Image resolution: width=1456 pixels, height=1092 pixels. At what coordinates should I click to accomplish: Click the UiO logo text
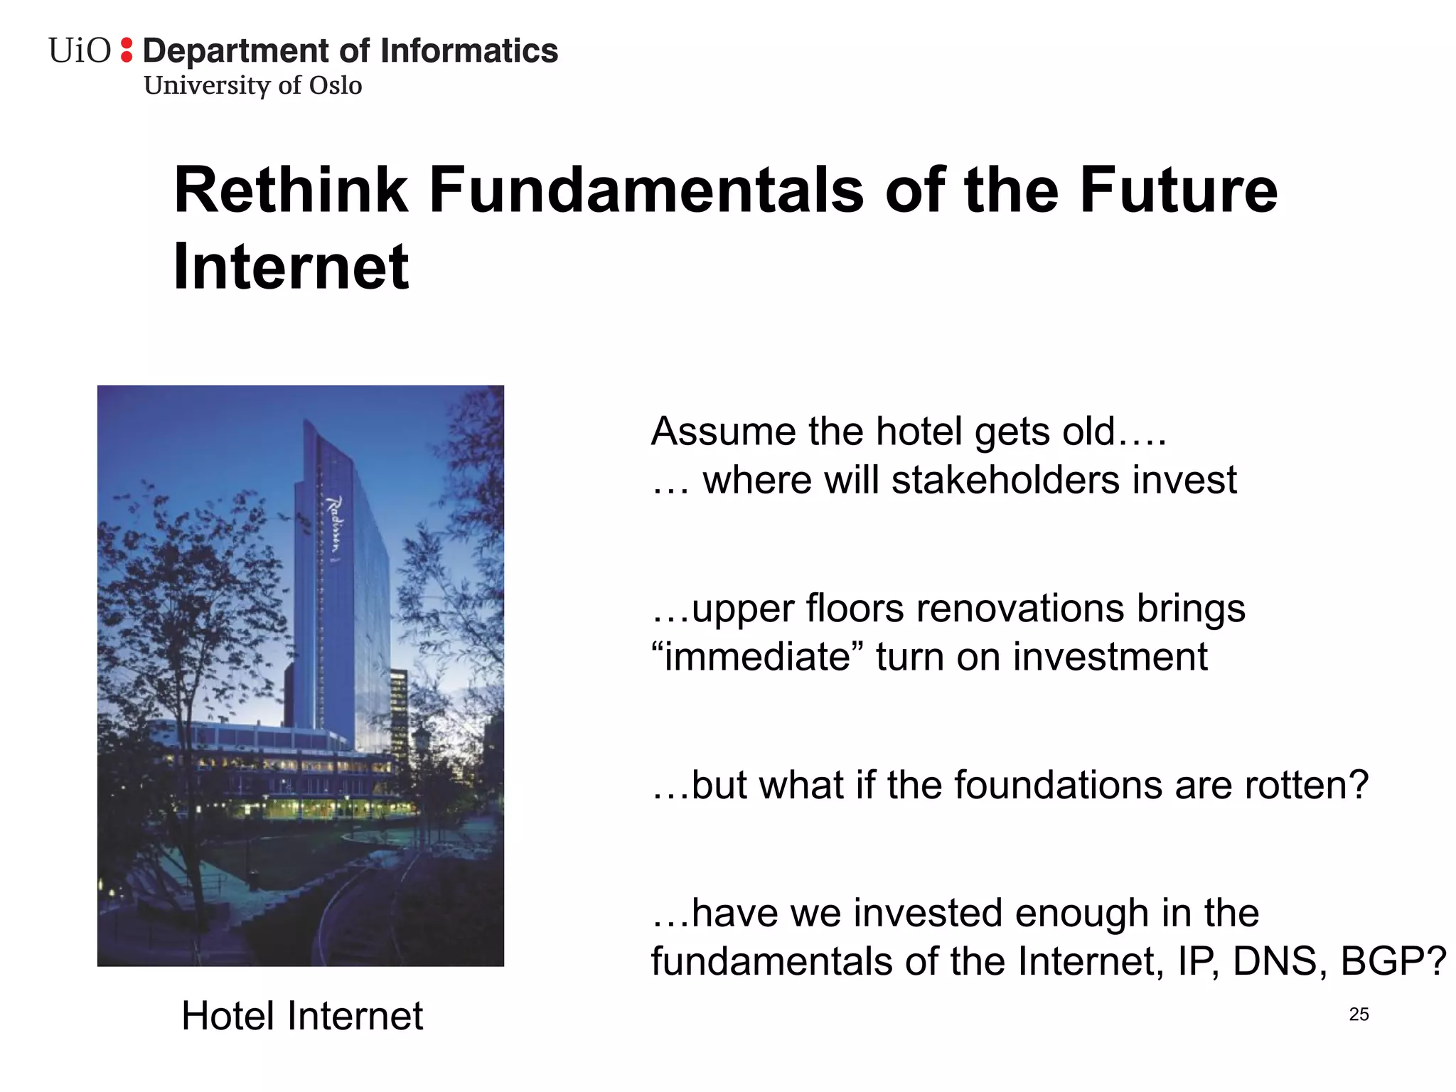(80, 51)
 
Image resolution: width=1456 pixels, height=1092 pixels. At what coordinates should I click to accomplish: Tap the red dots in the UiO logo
(127, 50)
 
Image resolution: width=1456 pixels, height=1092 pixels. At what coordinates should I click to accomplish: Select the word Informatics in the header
(469, 51)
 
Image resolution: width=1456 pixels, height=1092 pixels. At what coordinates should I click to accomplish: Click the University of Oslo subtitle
(253, 85)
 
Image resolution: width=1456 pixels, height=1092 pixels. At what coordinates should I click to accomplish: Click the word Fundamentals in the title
(646, 191)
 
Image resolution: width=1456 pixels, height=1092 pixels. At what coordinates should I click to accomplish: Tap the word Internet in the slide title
(291, 267)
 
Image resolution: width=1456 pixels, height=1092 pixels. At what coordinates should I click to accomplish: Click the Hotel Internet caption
(302, 1015)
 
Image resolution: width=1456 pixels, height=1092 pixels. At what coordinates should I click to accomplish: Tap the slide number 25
(1359, 1015)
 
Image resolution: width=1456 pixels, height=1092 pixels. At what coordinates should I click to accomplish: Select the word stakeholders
(1007, 480)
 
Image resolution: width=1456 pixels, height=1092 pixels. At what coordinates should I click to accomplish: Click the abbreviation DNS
(1279, 961)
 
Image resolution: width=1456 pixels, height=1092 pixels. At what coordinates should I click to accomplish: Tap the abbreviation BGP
(1392, 961)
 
